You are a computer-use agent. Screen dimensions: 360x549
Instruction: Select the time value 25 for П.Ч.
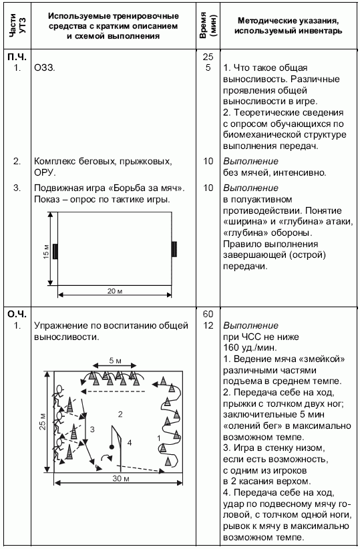(207, 57)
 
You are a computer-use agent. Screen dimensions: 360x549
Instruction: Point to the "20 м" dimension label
(116, 292)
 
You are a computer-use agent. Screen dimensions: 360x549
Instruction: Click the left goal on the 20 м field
(55, 250)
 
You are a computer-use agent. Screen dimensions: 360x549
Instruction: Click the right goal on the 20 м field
(174, 249)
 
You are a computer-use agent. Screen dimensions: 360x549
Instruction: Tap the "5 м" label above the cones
(115, 361)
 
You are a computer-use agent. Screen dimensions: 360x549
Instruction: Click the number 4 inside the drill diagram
(130, 442)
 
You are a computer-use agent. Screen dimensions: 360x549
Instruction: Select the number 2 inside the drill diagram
(120, 415)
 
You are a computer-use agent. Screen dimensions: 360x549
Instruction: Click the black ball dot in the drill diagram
(110, 447)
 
